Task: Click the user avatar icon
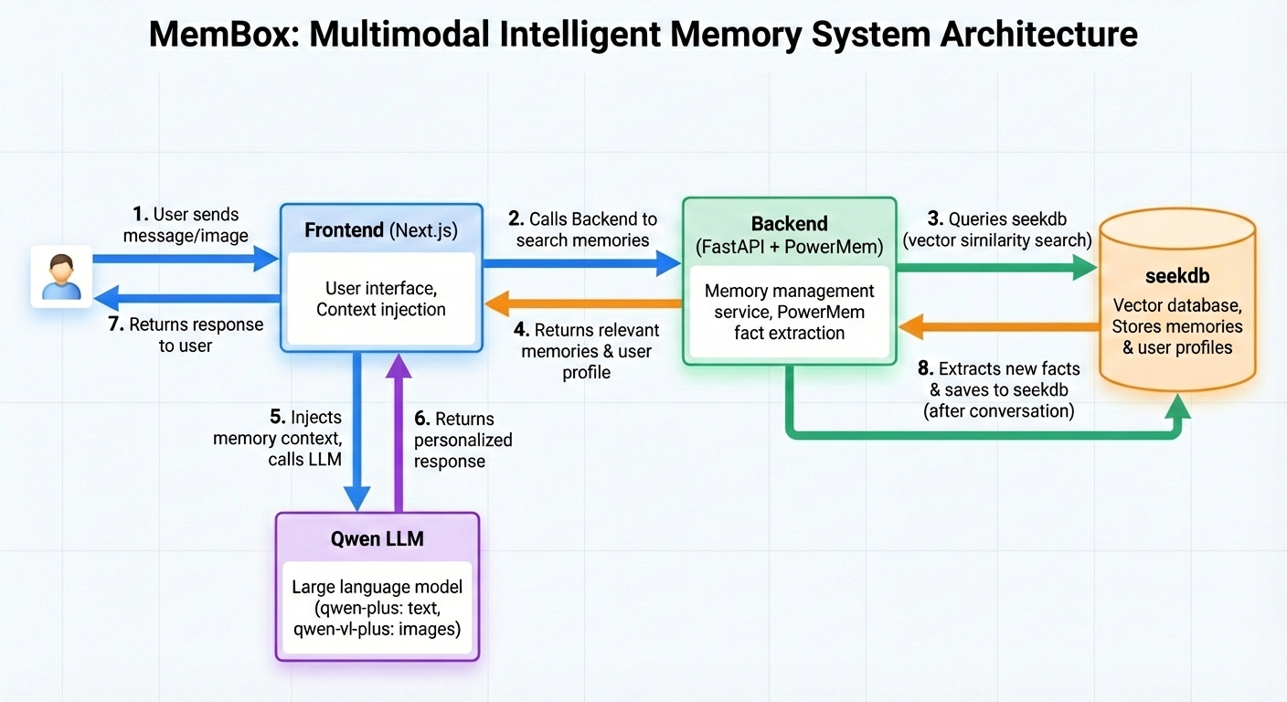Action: (x=61, y=276)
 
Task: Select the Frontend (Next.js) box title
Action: (x=380, y=229)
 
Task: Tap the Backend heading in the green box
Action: (x=789, y=224)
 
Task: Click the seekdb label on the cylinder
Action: (x=1176, y=276)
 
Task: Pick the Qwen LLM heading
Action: (x=377, y=538)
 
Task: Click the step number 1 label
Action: (x=140, y=215)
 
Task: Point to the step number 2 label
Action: (x=516, y=219)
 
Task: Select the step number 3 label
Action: (x=934, y=219)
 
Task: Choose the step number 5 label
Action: (x=277, y=418)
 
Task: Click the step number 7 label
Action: (x=115, y=324)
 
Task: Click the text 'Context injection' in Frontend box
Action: (x=380, y=310)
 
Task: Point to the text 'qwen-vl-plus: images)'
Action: (x=377, y=630)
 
